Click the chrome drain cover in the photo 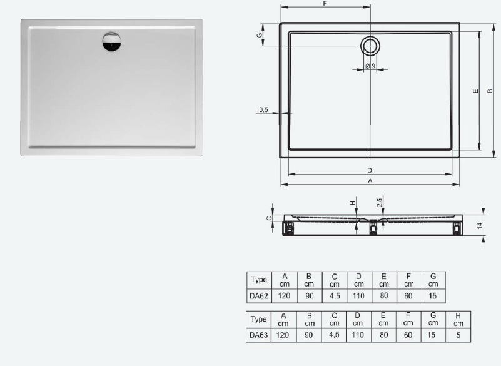(x=111, y=41)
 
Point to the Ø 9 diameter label (x=370, y=66)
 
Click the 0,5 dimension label (x=263, y=109)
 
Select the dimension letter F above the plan (x=325, y=4)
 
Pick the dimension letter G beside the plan (x=260, y=35)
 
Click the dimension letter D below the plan (x=370, y=170)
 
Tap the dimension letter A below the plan (x=370, y=181)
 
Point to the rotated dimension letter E (x=476, y=91)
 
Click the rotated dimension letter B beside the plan (x=490, y=91)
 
